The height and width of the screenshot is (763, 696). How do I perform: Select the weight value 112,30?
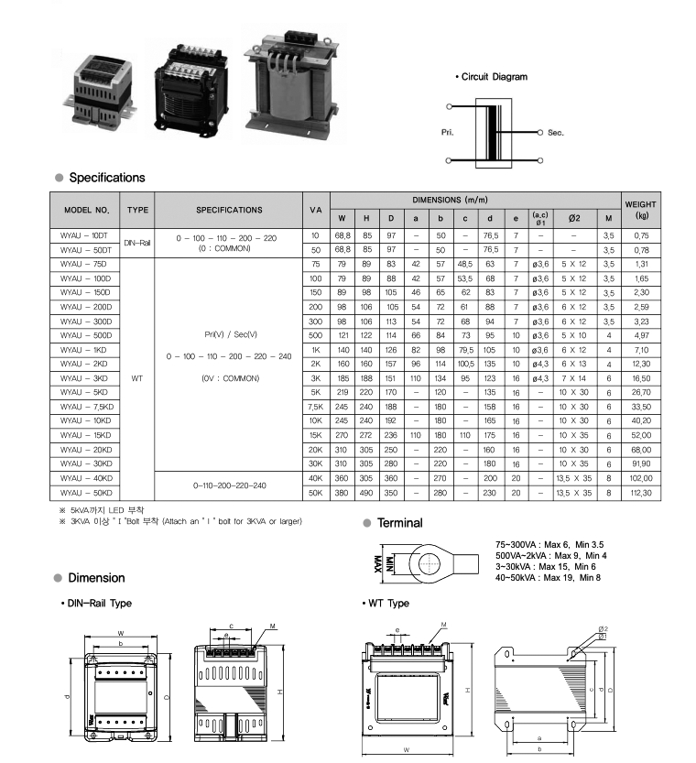[640, 493]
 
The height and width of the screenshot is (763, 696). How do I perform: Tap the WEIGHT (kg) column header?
[640, 210]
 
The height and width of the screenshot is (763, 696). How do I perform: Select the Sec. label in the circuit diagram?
[556, 133]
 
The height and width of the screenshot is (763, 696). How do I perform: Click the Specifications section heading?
[106, 178]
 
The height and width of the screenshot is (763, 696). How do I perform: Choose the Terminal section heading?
[400, 523]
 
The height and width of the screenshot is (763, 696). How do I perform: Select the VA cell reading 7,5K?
[316, 407]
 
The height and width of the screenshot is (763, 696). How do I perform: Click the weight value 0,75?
[640, 235]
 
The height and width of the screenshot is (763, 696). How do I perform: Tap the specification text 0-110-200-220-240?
[230, 485]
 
